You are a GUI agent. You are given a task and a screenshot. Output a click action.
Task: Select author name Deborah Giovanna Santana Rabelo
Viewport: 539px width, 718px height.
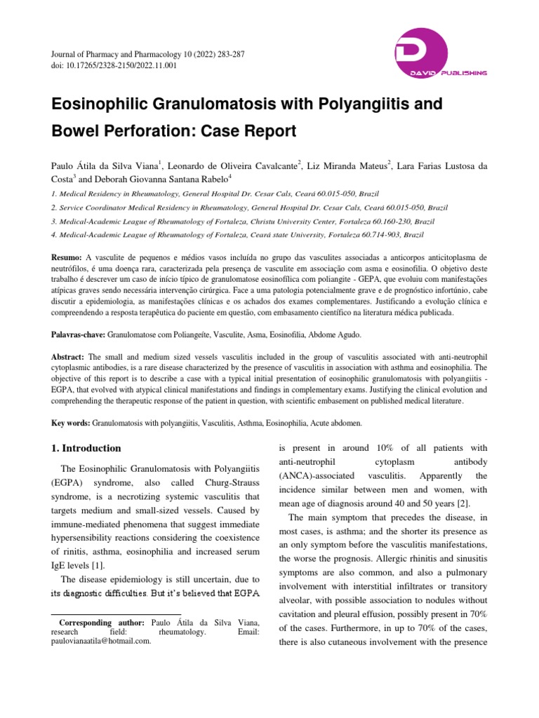click(184, 179)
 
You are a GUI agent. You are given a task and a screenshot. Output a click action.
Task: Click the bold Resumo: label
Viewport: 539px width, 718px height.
click(67, 259)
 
